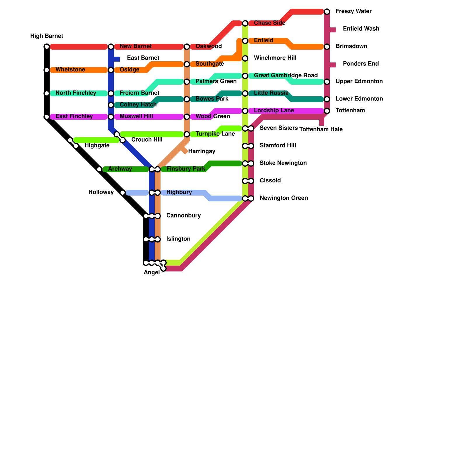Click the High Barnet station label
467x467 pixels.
(x=46, y=36)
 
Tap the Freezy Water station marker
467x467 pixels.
(x=327, y=12)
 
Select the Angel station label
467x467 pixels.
(x=152, y=273)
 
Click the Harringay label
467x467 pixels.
(x=202, y=151)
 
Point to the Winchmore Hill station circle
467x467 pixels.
(x=245, y=58)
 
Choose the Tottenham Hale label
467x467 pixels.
(x=321, y=130)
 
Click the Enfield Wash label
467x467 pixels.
(x=361, y=29)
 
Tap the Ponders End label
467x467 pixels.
(x=361, y=64)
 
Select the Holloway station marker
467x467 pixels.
(x=123, y=193)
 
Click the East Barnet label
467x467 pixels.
(x=143, y=58)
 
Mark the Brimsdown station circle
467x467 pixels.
(x=327, y=47)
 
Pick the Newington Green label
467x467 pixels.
(x=284, y=198)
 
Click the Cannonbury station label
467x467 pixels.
(x=183, y=216)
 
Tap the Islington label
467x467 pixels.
(x=178, y=239)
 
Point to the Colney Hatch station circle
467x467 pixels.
(x=111, y=105)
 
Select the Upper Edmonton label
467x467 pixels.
(x=359, y=81)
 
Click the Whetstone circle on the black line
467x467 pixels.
(x=47, y=70)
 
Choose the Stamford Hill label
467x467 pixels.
(x=278, y=146)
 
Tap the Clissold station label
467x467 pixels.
(x=270, y=181)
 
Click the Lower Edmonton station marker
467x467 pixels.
(x=327, y=99)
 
